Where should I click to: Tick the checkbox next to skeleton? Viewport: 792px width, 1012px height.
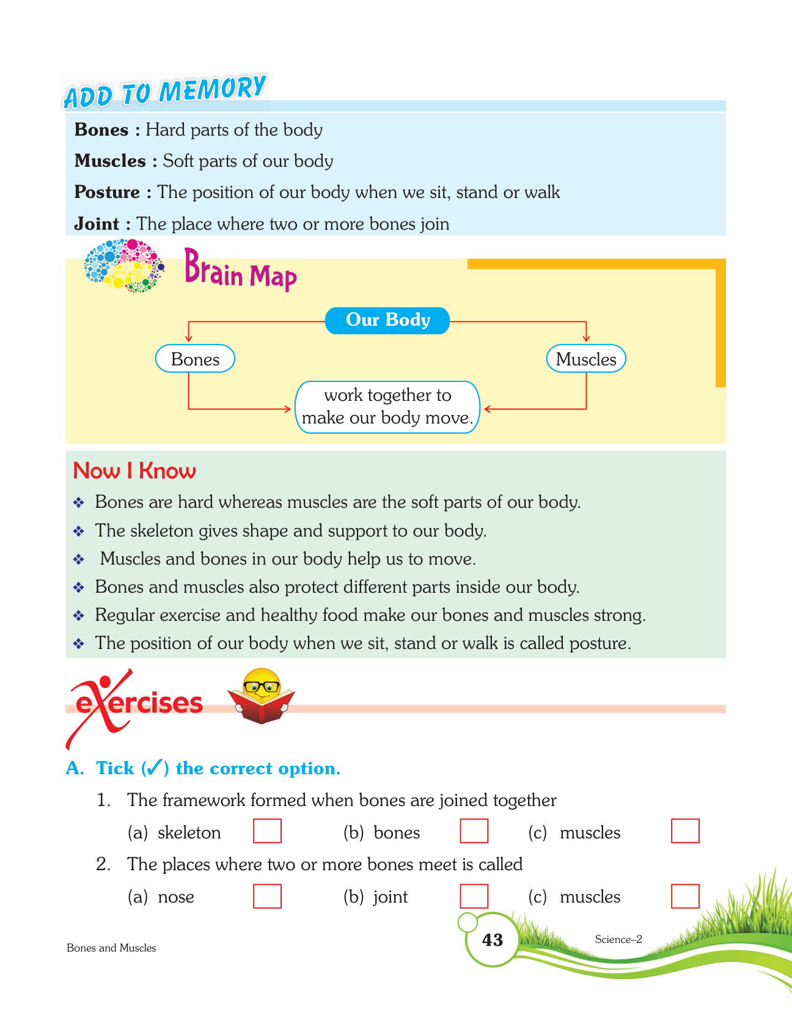(267, 831)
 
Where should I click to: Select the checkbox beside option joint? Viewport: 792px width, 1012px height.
(474, 896)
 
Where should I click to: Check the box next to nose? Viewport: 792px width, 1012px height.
(267, 896)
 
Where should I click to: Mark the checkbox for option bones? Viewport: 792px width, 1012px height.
(474, 831)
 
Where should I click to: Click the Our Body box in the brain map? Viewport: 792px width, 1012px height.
(387, 320)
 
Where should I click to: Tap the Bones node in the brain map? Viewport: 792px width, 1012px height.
(195, 359)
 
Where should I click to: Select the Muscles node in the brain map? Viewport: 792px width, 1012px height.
(585, 359)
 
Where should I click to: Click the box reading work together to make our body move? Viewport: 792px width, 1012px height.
(387, 407)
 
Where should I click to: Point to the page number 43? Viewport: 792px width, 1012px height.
(492, 939)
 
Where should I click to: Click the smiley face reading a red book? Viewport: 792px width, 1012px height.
(262, 697)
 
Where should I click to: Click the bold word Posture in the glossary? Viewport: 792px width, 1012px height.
(107, 193)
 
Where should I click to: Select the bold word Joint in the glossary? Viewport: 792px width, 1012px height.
(97, 224)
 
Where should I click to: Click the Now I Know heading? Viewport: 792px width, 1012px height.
(134, 471)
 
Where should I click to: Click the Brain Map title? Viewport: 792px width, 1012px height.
(240, 270)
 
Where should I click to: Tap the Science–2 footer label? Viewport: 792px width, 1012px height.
(618, 939)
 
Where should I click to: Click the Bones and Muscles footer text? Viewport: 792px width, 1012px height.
(111, 948)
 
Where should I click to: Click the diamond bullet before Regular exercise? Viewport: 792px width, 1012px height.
(79, 615)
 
